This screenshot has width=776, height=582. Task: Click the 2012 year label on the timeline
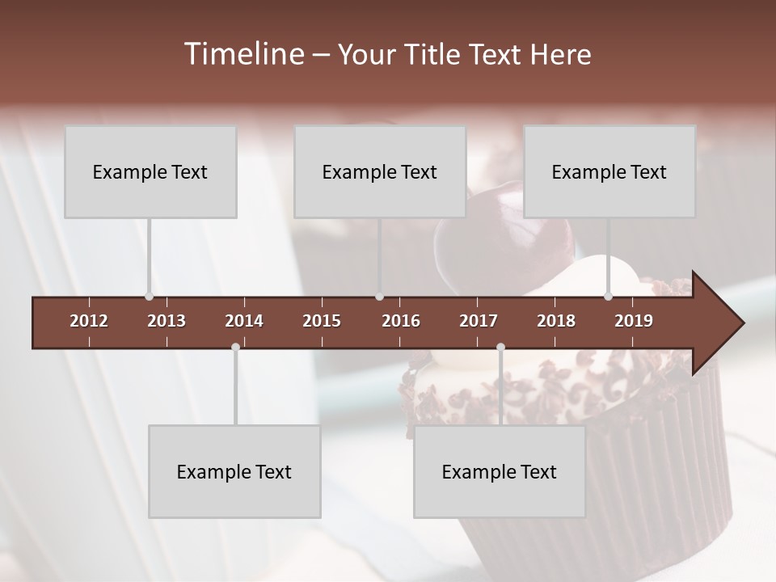(89, 321)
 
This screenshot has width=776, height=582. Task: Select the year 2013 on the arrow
(167, 321)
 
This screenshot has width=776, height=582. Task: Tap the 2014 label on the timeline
(244, 321)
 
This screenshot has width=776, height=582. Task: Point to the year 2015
(322, 321)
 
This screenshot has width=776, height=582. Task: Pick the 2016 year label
(401, 321)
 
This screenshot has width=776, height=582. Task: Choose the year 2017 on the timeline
(479, 321)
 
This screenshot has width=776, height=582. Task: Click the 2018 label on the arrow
(556, 321)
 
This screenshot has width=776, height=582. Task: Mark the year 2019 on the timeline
(634, 321)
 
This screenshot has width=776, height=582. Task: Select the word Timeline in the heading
(242, 54)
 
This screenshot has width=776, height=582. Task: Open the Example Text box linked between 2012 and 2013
(150, 171)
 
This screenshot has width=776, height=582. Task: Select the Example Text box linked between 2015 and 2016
(380, 171)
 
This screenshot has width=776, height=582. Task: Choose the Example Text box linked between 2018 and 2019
(609, 171)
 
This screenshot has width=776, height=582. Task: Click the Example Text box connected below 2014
(234, 471)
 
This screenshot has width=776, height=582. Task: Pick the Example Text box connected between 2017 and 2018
(500, 471)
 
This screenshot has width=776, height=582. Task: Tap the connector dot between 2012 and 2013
(149, 297)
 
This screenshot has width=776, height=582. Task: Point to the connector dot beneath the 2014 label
(235, 347)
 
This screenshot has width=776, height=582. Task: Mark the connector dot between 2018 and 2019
(609, 297)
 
